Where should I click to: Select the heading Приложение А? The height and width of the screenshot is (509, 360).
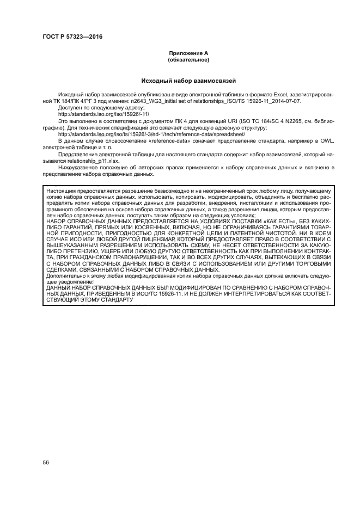188,53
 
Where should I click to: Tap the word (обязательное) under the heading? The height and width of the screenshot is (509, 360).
188,59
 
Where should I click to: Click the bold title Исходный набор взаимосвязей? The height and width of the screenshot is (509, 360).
188,81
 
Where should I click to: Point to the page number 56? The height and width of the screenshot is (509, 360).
46,462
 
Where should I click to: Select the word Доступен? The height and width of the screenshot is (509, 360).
69,107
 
